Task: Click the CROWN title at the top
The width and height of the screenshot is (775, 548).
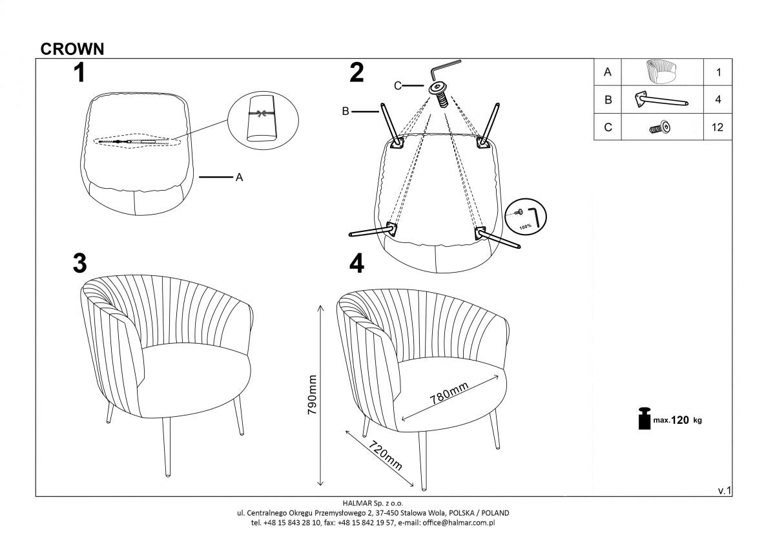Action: (72, 48)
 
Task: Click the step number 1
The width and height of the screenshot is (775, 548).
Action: (79, 73)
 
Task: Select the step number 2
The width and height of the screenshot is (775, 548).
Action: (356, 73)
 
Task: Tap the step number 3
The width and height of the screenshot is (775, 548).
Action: (80, 264)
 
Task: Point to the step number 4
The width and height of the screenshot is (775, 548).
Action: (356, 264)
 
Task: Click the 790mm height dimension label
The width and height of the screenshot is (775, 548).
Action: (313, 395)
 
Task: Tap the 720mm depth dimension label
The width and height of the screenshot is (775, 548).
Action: (386, 456)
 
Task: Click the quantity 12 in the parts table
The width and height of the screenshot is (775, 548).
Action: (717, 127)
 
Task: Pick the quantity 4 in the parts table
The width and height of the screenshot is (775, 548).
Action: (718, 100)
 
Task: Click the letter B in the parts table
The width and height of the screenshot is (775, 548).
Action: (607, 100)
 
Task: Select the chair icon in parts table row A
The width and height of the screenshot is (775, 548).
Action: (661, 72)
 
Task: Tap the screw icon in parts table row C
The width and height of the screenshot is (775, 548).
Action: (660, 128)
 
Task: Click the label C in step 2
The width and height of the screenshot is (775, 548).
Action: (398, 85)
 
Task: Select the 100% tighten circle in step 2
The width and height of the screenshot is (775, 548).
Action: (526, 216)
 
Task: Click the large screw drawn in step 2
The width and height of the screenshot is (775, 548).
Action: (440, 93)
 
